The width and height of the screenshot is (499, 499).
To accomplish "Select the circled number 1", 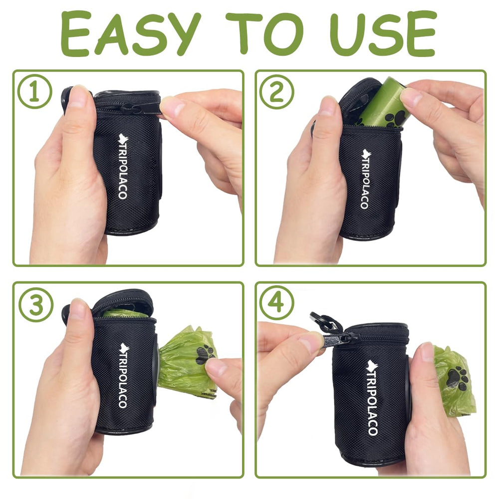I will coord(35,92).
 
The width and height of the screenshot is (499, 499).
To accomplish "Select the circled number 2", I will coord(276,92).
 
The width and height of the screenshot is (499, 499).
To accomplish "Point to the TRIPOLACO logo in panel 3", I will coord(122,374).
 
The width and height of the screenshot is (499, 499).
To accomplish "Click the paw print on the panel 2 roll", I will coord(394,118).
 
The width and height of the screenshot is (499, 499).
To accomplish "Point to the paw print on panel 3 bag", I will coord(205,354).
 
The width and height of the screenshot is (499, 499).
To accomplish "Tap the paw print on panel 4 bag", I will coord(457,378).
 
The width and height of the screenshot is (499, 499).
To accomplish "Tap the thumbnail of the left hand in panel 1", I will coord(78,97).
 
